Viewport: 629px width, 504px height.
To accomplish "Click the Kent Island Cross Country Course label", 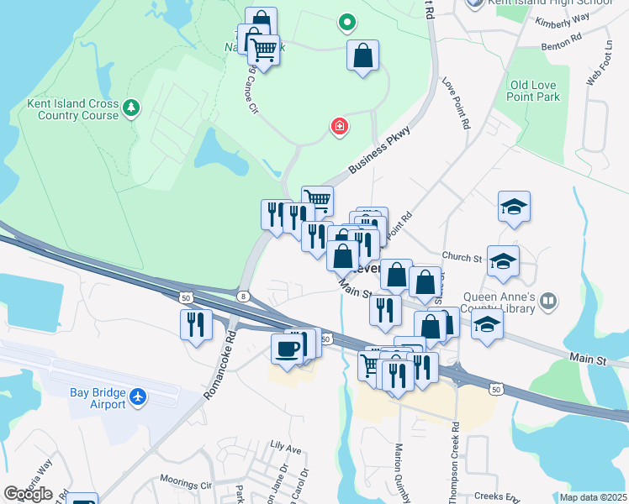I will coord(72,109).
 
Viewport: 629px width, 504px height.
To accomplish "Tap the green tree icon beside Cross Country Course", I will coord(130,107).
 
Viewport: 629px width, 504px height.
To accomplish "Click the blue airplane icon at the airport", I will coord(140,395).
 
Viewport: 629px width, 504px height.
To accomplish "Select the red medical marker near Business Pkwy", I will coord(340,127).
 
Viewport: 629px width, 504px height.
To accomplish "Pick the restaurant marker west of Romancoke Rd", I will coord(196,324).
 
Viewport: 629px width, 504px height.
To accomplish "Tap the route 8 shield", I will coord(243,296).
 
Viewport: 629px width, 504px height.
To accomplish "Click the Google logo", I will coord(28,494).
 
